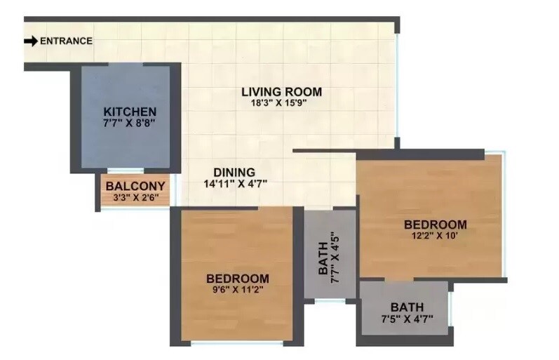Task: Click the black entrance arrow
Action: [30, 41]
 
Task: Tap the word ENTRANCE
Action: [66, 41]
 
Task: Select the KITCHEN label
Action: [130, 112]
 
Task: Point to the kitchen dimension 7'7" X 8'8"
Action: [130, 123]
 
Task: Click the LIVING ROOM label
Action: [281, 91]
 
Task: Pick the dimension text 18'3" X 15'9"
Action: [281, 102]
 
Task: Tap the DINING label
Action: [234, 172]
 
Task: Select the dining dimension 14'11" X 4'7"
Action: [234, 184]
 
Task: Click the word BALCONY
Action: [135, 186]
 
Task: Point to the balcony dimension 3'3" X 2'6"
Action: [135, 197]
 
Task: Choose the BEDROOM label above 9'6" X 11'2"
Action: [238, 277]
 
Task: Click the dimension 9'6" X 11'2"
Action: [238, 288]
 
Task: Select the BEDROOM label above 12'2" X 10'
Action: [436, 225]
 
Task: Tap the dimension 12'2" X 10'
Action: [436, 236]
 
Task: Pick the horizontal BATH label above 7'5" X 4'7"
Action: [407, 307]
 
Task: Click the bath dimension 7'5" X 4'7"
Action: [407, 319]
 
